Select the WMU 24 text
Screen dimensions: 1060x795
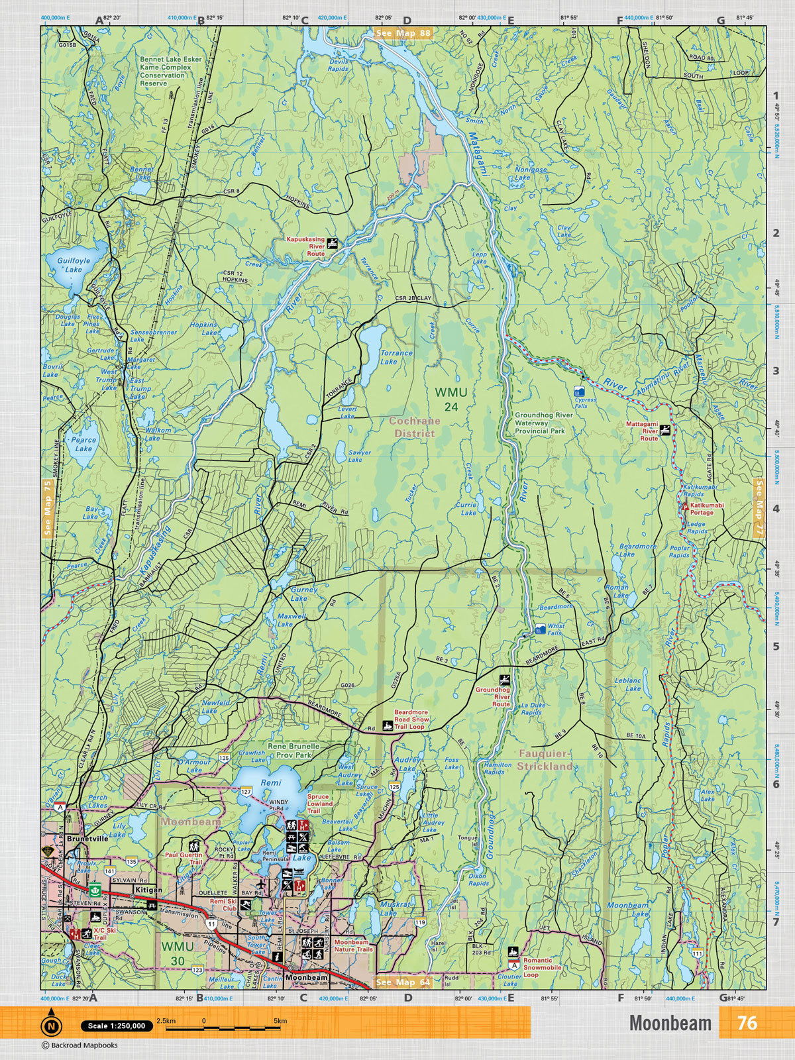click(447, 399)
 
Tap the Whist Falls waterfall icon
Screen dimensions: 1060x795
click(541, 627)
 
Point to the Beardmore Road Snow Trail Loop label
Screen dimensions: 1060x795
click(411, 719)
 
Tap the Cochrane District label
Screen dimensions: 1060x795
click(411, 427)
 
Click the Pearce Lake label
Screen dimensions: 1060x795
click(83, 444)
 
